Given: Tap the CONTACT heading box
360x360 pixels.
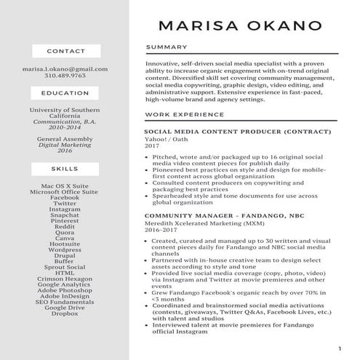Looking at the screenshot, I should (65, 51).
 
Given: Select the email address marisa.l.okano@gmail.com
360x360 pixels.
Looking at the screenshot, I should (65, 68).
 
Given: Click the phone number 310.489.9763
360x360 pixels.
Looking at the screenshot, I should (65, 75).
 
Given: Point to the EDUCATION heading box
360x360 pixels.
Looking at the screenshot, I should (65, 93).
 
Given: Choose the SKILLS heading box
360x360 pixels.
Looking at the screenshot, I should (65, 168).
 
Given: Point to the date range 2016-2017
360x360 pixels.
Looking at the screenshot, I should (161, 229).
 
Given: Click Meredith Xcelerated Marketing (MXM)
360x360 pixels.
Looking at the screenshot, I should (196, 223).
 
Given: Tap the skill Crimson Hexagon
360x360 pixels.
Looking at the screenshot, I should (65, 279).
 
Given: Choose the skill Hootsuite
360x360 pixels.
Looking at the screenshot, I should (65, 244).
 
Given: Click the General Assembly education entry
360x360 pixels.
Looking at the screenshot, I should (65, 138).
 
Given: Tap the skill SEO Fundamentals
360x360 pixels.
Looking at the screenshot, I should (65, 301).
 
